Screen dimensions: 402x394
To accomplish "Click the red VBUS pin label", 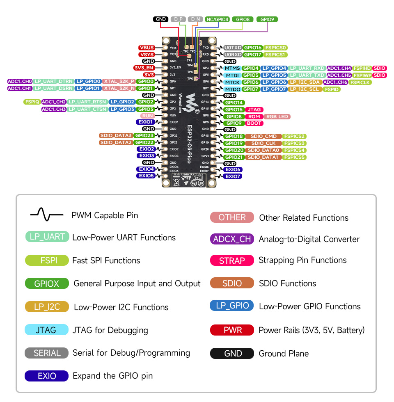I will coord(147,48).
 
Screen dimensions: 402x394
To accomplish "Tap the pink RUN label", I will coord(147,116).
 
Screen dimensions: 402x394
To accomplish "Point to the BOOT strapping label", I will coord(254,123).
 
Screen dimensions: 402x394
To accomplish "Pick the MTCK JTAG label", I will coord(232,82).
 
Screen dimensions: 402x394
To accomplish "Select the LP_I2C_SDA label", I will coord(305,82).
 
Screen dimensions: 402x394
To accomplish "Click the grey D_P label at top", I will coord(178,19).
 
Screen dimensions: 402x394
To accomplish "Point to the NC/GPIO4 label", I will coord(218,19).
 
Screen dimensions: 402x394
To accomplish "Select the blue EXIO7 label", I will coord(233,176).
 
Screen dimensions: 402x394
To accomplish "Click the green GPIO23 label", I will coord(144,135).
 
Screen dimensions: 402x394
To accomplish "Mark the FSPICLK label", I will coord(360,82).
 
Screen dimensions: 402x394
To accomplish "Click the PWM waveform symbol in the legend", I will coord(46,214).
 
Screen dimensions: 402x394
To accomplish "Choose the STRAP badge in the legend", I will coord(232,260).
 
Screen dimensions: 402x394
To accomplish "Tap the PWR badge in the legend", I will coord(232,330).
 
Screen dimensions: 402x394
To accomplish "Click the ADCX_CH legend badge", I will coord(232,239).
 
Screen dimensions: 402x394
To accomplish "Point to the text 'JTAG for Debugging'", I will coord(110,330).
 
